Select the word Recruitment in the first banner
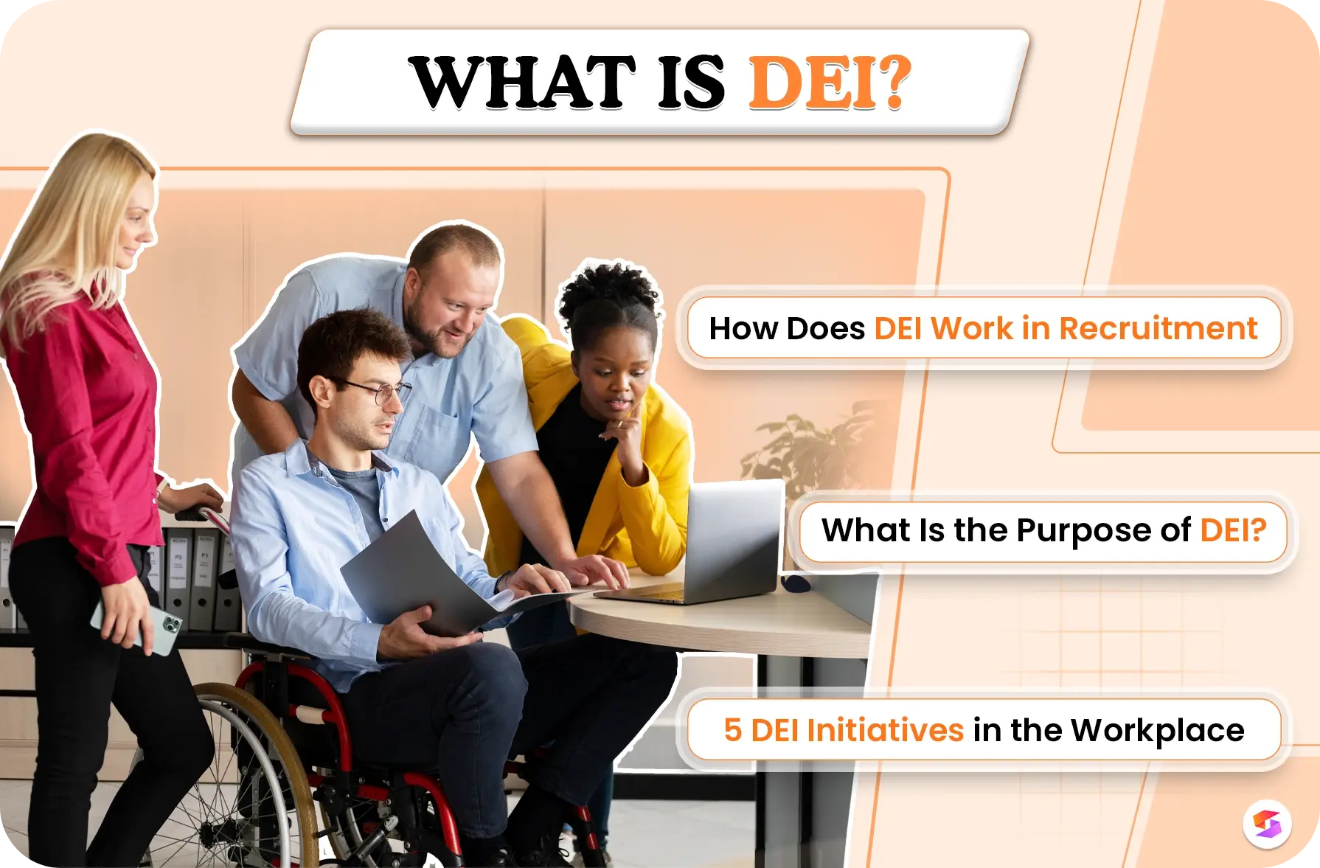coord(1158,329)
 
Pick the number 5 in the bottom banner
coord(732,730)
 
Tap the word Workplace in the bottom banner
coord(1157,731)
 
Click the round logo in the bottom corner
coord(1267,824)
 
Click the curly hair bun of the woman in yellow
coord(608,291)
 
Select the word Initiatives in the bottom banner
coord(885,730)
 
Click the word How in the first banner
coord(743,329)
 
